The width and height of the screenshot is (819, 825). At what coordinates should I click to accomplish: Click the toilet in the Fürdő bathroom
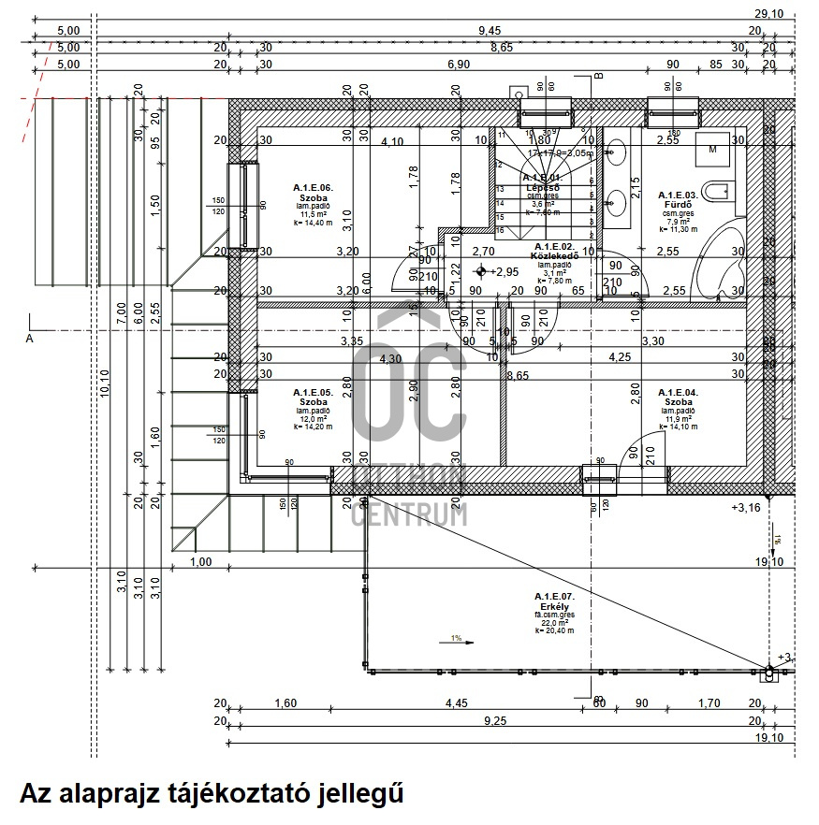click(x=720, y=193)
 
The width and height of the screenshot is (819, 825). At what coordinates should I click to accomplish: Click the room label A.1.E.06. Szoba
click(x=313, y=193)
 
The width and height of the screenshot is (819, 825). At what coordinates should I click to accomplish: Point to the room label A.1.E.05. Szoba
click(x=313, y=397)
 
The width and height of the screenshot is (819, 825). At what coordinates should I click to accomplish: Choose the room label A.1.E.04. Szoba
click(x=678, y=397)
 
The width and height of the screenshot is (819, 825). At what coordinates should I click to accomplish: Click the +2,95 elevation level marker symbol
click(x=482, y=271)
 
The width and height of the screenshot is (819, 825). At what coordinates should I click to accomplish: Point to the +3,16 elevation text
click(x=747, y=508)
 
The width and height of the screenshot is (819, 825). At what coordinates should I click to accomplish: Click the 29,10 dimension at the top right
click(x=768, y=13)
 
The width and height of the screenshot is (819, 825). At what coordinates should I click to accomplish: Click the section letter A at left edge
click(x=29, y=339)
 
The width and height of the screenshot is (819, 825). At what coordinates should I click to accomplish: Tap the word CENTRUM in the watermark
click(x=409, y=514)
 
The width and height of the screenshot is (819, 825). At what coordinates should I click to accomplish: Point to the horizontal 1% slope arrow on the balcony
click(x=456, y=640)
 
